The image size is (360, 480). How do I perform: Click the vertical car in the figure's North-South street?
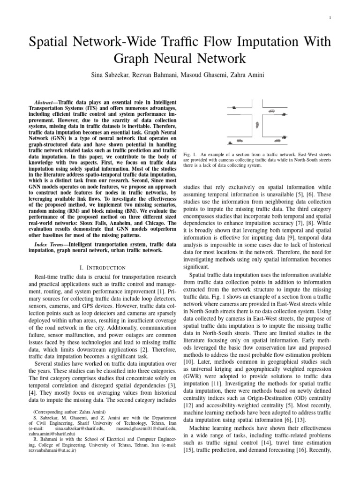pos(256,124)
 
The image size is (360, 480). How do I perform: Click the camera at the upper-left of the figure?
pos(233,108)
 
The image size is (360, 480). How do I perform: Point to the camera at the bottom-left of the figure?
pos(230,142)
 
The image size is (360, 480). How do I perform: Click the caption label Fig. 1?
pos(187,155)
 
